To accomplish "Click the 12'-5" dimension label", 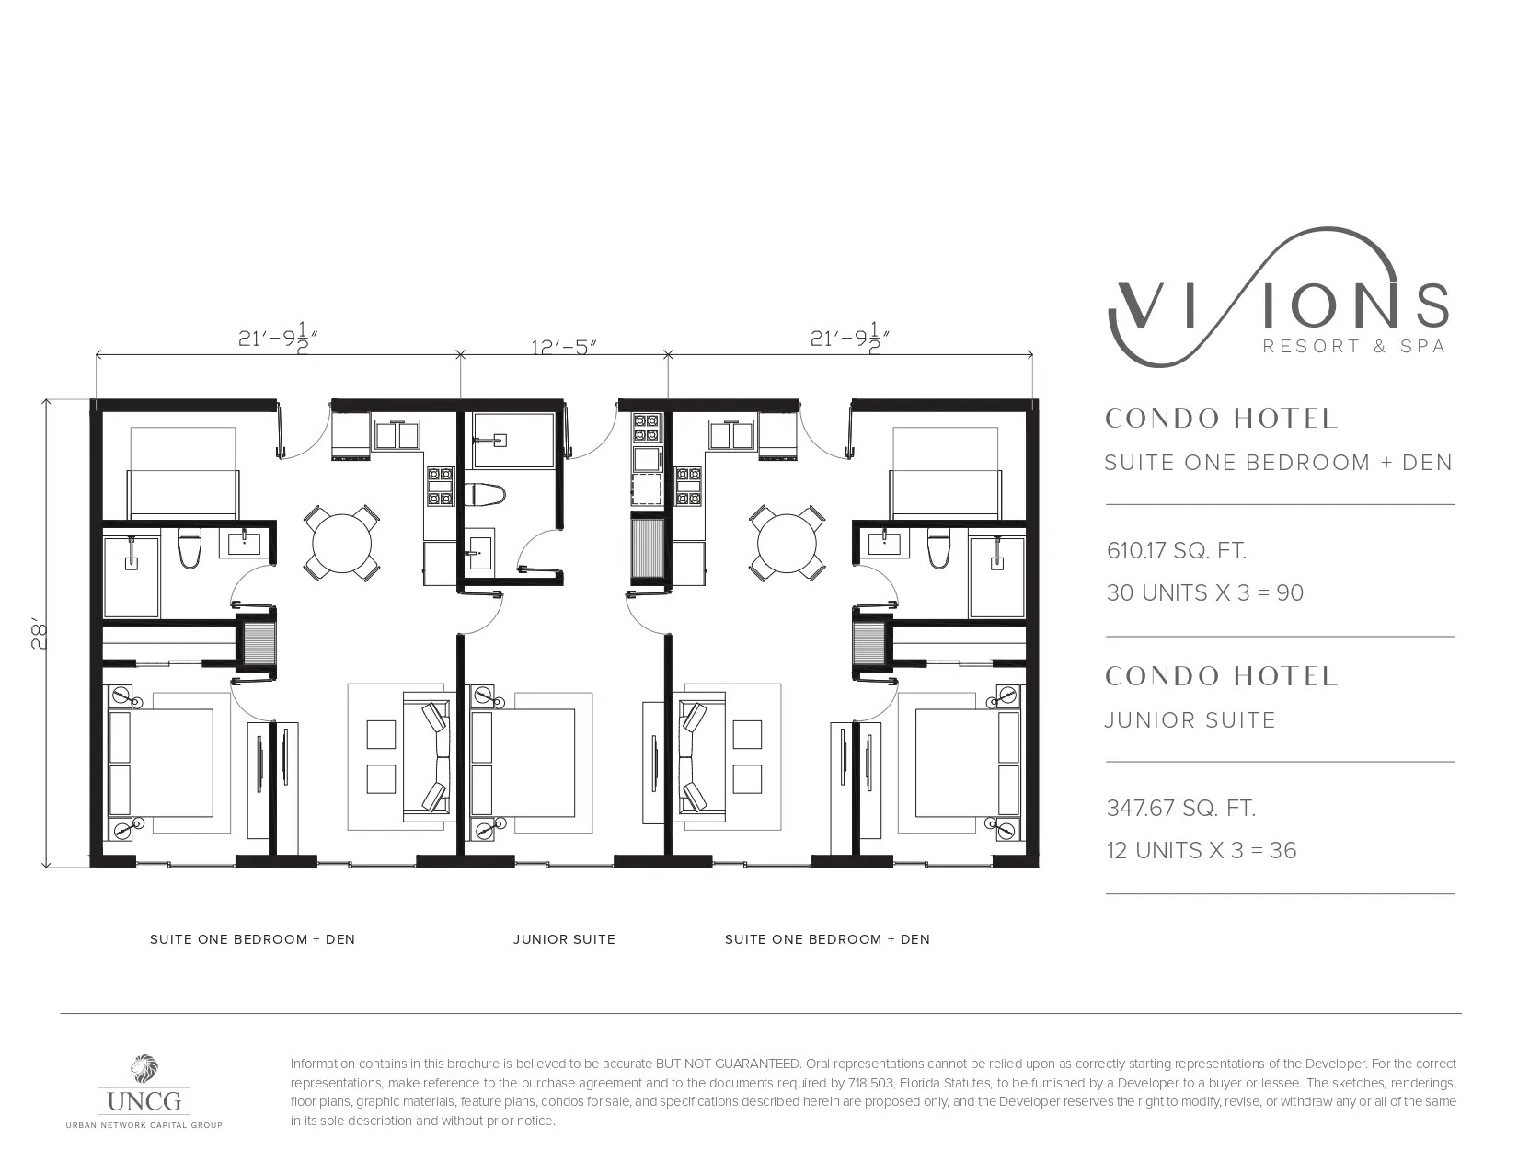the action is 563,347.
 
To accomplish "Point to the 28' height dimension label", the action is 40,636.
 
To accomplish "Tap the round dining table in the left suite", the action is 341,543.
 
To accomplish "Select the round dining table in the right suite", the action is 787,543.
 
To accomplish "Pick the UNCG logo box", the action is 144,1102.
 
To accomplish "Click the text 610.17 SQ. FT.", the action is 1177,550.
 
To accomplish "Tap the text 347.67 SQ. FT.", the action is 1181,809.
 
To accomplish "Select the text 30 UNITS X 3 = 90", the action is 1205,592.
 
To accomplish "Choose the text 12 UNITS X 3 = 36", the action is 1202,850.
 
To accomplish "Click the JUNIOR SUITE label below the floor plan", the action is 565,939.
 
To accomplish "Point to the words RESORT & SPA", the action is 1354,346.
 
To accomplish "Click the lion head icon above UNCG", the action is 144,1068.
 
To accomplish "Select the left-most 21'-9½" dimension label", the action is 279,339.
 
